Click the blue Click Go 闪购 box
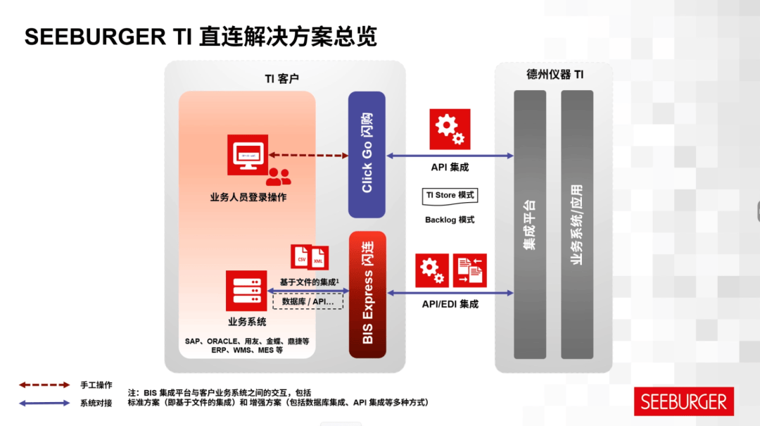(x=367, y=154)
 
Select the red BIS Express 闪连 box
(x=367, y=294)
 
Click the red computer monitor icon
(x=248, y=155)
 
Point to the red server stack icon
(x=246, y=290)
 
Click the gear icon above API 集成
(x=450, y=129)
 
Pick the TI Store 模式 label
(x=450, y=195)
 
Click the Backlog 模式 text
(x=450, y=220)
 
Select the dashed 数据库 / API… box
(x=308, y=301)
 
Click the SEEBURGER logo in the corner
(x=683, y=401)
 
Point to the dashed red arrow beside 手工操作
(x=44, y=385)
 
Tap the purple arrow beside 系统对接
(x=44, y=403)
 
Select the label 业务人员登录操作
(x=248, y=197)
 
